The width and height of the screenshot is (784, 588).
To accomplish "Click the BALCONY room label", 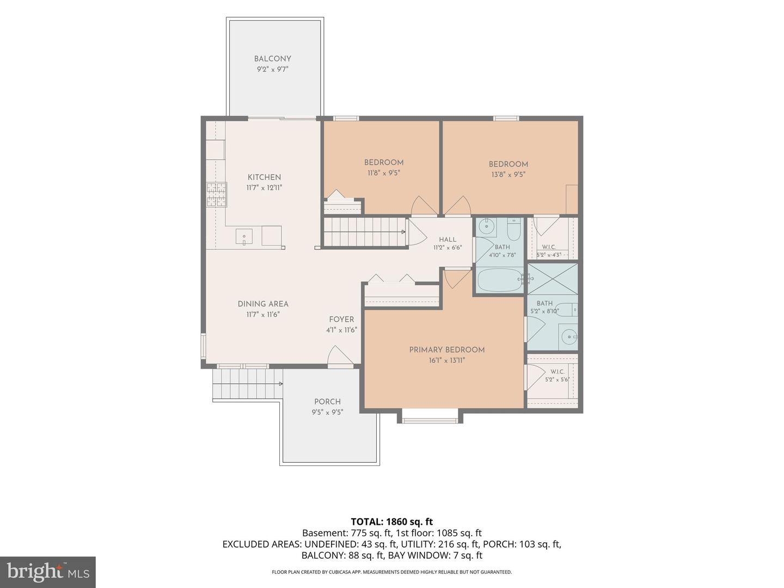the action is [x=273, y=59].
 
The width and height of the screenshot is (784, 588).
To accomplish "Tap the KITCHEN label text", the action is [x=264, y=177].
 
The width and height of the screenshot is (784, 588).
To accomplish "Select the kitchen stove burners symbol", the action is [x=217, y=194].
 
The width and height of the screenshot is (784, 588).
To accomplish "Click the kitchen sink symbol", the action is [x=244, y=237].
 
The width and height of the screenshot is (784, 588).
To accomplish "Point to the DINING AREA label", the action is [x=263, y=304].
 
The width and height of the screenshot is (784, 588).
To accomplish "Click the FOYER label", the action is [x=341, y=320].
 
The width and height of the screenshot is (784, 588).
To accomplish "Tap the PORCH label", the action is [x=328, y=402].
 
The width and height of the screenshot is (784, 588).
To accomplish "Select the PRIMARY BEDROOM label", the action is [x=447, y=350].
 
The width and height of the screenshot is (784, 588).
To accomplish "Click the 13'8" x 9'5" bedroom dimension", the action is [x=509, y=175].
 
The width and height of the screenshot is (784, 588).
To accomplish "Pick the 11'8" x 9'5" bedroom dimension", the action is [x=384, y=173].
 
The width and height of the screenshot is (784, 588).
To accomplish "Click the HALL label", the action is [x=448, y=240].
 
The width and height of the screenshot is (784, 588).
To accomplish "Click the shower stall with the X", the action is [x=553, y=279].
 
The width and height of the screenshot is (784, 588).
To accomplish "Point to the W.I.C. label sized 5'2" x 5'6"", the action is [x=557, y=372].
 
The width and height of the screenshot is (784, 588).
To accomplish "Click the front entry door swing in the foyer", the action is [x=340, y=355].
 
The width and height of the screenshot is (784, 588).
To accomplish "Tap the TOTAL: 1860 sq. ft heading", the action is [x=392, y=522].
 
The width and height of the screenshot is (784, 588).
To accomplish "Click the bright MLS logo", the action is [x=48, y=572].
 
